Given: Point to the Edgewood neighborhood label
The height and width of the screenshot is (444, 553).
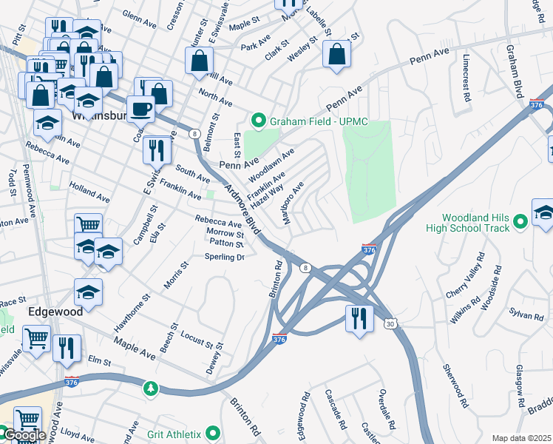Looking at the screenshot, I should [55, 312].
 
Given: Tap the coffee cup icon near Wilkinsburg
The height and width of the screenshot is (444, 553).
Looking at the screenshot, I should [140, 109].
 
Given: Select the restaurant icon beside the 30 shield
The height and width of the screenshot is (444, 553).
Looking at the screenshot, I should [359, 318].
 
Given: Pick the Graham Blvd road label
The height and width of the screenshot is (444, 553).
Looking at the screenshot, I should [515, 71].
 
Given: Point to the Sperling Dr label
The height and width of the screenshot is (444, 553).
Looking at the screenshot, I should [225, 258].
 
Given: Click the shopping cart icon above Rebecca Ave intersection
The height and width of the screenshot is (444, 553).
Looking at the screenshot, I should [88, 224].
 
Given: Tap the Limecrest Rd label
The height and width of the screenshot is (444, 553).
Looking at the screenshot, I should [467, 77].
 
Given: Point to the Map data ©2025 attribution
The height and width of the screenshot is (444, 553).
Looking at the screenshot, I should [521, 438].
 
